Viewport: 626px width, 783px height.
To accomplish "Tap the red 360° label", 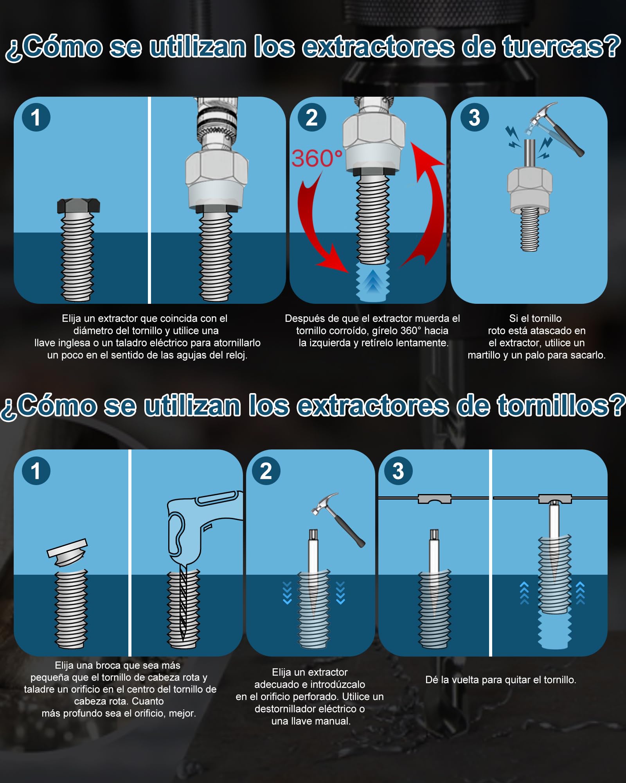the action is [x=317, y=158].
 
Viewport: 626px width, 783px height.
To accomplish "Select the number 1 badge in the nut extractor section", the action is [x=36, y=117].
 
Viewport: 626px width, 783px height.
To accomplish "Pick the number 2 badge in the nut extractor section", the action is [x=312, y=117].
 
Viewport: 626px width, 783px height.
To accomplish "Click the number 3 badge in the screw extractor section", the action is [x=398, y=471].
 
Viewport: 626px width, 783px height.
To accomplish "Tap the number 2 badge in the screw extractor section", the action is [x=266, y=471].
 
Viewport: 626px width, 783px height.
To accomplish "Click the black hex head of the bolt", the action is [x=78, y=206].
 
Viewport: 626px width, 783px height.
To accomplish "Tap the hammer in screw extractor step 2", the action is [x=338, y=519].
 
